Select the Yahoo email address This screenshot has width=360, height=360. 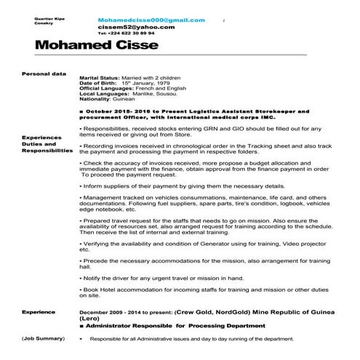tap(135, 27)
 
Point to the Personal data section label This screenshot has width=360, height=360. tap(44, 73)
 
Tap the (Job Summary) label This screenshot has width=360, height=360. tap(44, 338)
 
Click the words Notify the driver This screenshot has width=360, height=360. tap(108, 277)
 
